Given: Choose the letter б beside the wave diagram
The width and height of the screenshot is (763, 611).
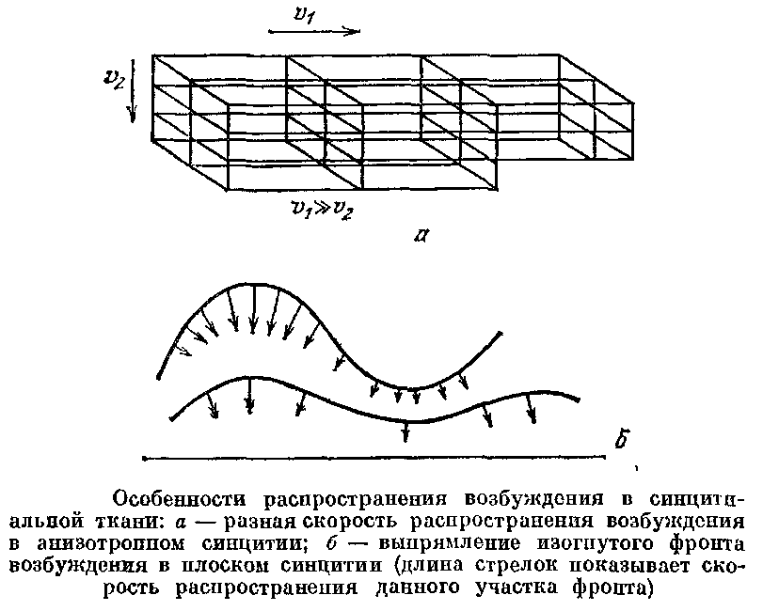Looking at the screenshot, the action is pyautogui.click(x=619, y=436).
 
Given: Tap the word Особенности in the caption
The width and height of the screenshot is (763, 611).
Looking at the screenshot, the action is pyautogui.click(x=182, y=497).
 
